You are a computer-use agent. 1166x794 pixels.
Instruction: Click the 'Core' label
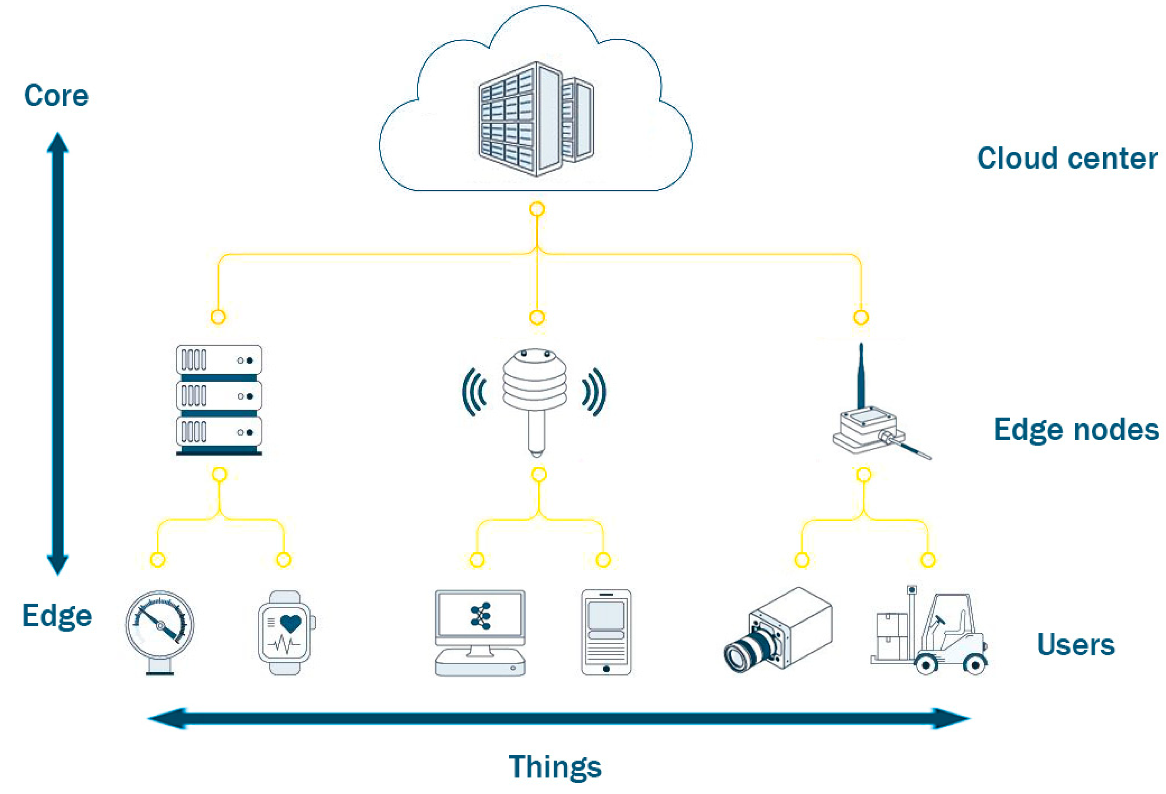tap(56, 96)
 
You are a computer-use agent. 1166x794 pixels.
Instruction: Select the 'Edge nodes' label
tap(1076, 430)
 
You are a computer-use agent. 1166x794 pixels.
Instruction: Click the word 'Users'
tap(1075, 645)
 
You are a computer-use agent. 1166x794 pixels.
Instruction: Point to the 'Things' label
tap(555, 767)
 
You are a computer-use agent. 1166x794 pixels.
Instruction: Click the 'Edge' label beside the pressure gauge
tap(57, 616)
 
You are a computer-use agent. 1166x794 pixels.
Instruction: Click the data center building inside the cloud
tap(535, 119)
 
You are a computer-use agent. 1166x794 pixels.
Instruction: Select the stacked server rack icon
tap(219, 399)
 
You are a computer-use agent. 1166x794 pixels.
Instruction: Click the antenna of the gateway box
tap(861, 374)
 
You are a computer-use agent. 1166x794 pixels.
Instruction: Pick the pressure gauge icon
tap(160, 630)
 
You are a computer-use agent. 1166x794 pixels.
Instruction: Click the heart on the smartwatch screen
tap(290, 623)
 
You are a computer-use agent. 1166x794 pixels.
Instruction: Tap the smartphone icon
tap(606, 632)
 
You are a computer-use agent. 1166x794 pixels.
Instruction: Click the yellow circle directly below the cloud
tap(537, 209)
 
